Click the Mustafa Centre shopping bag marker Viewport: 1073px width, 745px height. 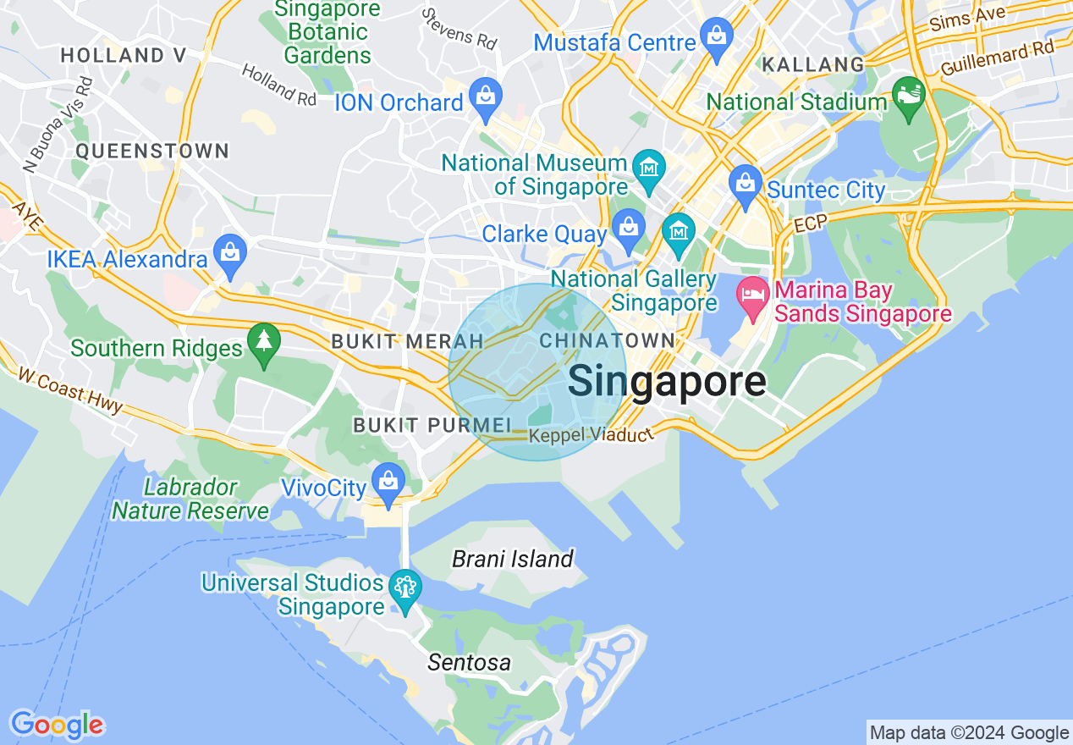pos(716,38)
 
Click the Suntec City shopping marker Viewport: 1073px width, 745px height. pos(745,186)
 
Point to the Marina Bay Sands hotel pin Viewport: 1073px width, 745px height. pos(751,300)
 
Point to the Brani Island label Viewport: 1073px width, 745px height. pos(512,559)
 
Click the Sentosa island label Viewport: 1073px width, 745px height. pos(469,662)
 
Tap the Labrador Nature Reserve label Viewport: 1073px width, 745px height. pos(190,499)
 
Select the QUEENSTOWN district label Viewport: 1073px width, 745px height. pos(152,151)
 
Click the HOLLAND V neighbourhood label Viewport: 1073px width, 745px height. pos(124,56)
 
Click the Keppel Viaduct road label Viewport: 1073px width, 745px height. pos(592,436)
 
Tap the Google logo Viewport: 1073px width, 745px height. pos(57,725)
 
